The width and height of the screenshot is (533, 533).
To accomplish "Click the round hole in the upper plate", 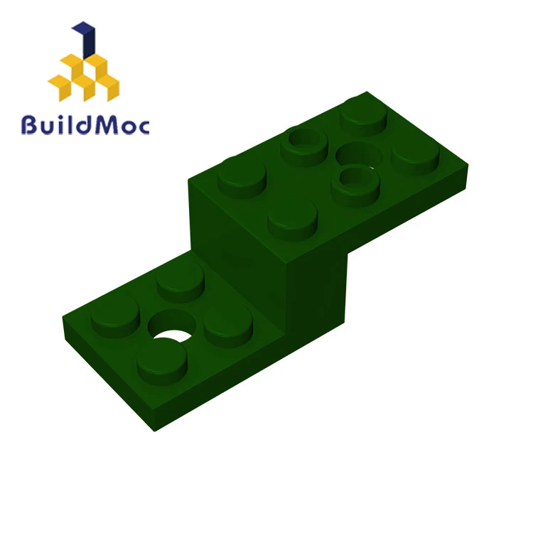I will click(x=359, y=154).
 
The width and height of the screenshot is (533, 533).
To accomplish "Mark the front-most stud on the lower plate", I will click(x=161, y=360).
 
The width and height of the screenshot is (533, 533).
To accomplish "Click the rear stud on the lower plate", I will click(x=181, y=280).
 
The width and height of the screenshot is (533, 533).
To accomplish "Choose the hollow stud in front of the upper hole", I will click(x=354, y=181).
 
